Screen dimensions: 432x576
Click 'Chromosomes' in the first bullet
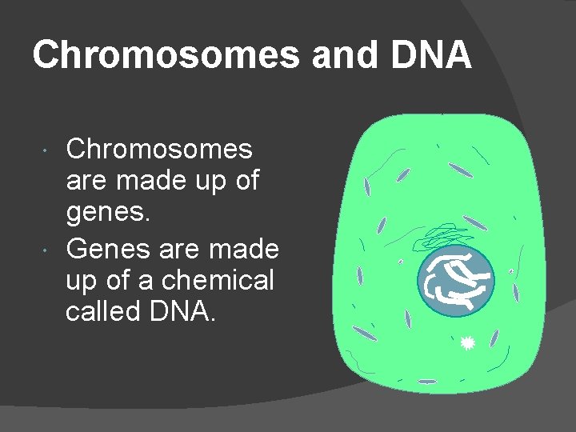pyautogui.click(x=159, y=149)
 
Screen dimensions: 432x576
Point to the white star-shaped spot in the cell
pyautogui.click(x=469, y=343)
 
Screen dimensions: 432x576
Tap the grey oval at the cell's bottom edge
pyautogui.click(x=428, y=381)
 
